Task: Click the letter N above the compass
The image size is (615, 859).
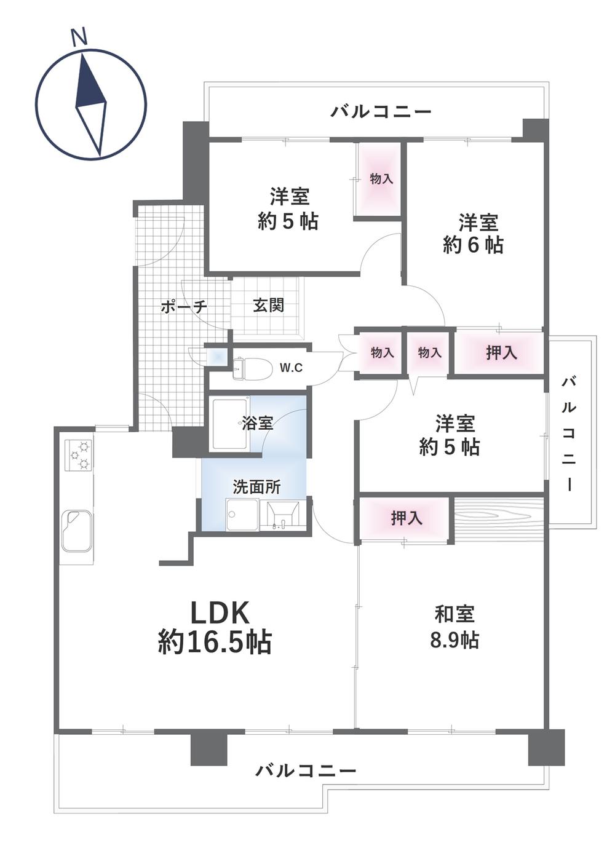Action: click(78, 38)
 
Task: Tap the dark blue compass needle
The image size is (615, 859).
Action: click(89, 83)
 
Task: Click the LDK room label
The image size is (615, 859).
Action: click(215, 628)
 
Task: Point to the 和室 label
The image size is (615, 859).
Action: click(454, 627)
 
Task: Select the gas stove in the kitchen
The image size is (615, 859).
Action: click(78, 456)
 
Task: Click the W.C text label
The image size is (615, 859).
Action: click(291, 368)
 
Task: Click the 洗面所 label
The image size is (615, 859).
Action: click(256, 487)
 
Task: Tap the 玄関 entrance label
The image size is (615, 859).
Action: click(269, 304)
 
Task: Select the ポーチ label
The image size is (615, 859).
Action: click(183, 306)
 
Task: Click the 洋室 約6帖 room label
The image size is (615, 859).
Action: click(474, 234)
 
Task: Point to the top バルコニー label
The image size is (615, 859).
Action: click(381, 112)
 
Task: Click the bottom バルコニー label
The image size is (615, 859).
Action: click(306, 770)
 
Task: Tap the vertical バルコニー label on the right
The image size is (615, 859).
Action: click(569, 433)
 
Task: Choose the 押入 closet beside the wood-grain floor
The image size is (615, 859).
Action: click(407, 518)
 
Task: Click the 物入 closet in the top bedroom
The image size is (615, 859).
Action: click(381, 179)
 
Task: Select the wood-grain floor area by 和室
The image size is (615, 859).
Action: click(499, 518)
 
